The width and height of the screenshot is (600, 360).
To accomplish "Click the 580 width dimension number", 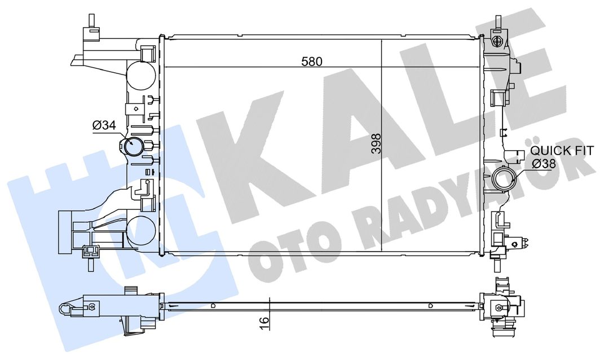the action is pyautogui.click(x=312, y=62).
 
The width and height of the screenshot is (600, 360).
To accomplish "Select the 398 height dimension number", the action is pyautogui.click(x=377, y=144).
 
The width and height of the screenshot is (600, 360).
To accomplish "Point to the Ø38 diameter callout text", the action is pyautogui.click(x=544, y=164).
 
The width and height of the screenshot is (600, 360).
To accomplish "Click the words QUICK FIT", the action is pyautogui.click(x=562, y=150).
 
